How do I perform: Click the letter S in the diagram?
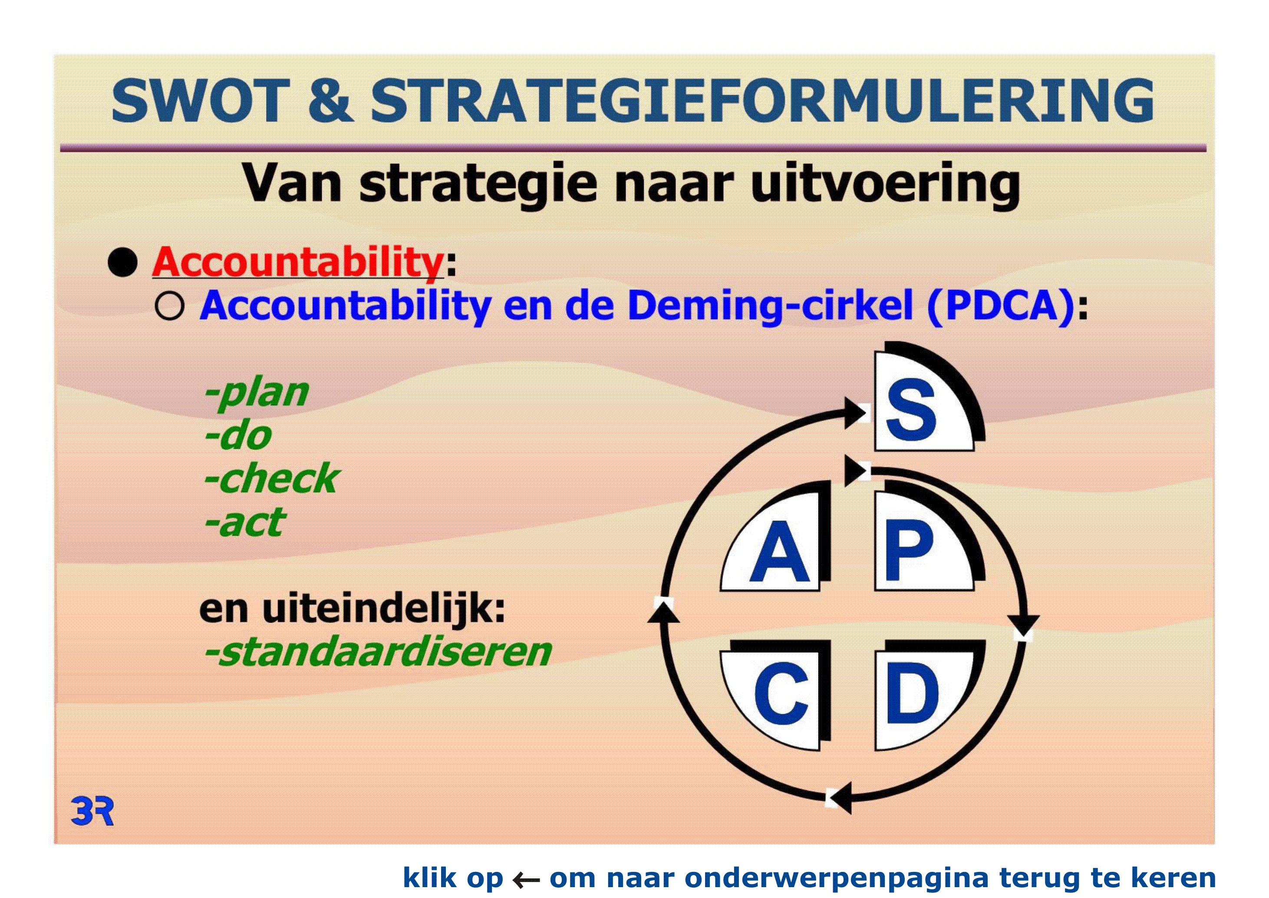click(x=911, y=410)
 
